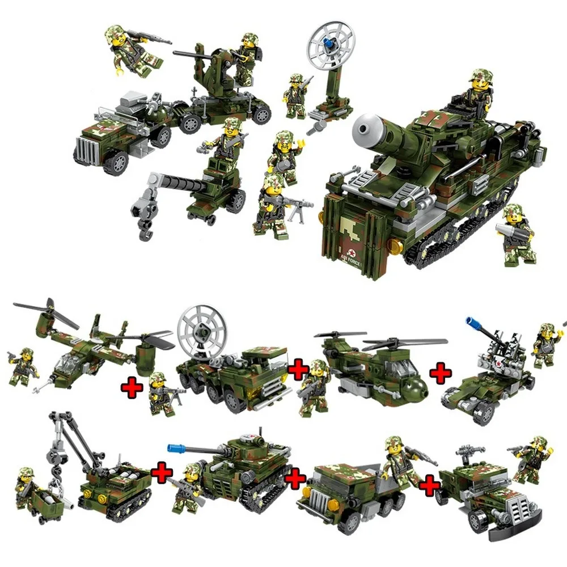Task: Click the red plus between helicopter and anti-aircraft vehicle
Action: click(440, 374)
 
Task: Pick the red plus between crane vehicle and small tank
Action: click(162, 473)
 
